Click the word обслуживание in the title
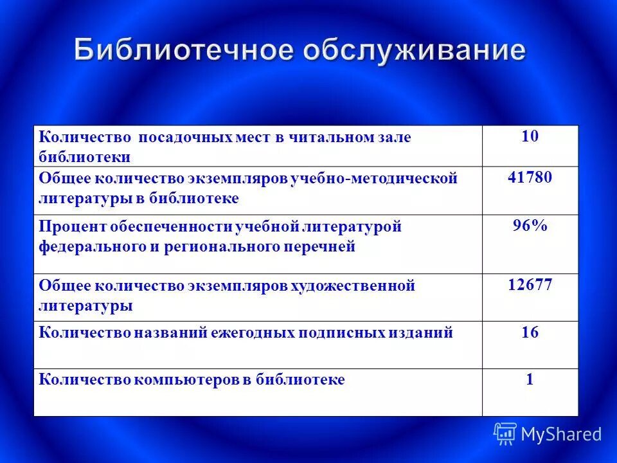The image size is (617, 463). coord(414,51)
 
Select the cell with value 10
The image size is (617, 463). coord(530,136)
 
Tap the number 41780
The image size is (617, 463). coord(530,177)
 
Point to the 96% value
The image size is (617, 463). coord(530,226)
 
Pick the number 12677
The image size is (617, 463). coord(530,285)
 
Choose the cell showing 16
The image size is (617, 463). coord(530,332)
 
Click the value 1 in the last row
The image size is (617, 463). coord(530,379)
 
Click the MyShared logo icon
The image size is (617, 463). coord(505,434)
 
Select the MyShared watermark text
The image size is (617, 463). coord(561,435)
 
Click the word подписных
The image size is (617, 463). coord(341,333)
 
